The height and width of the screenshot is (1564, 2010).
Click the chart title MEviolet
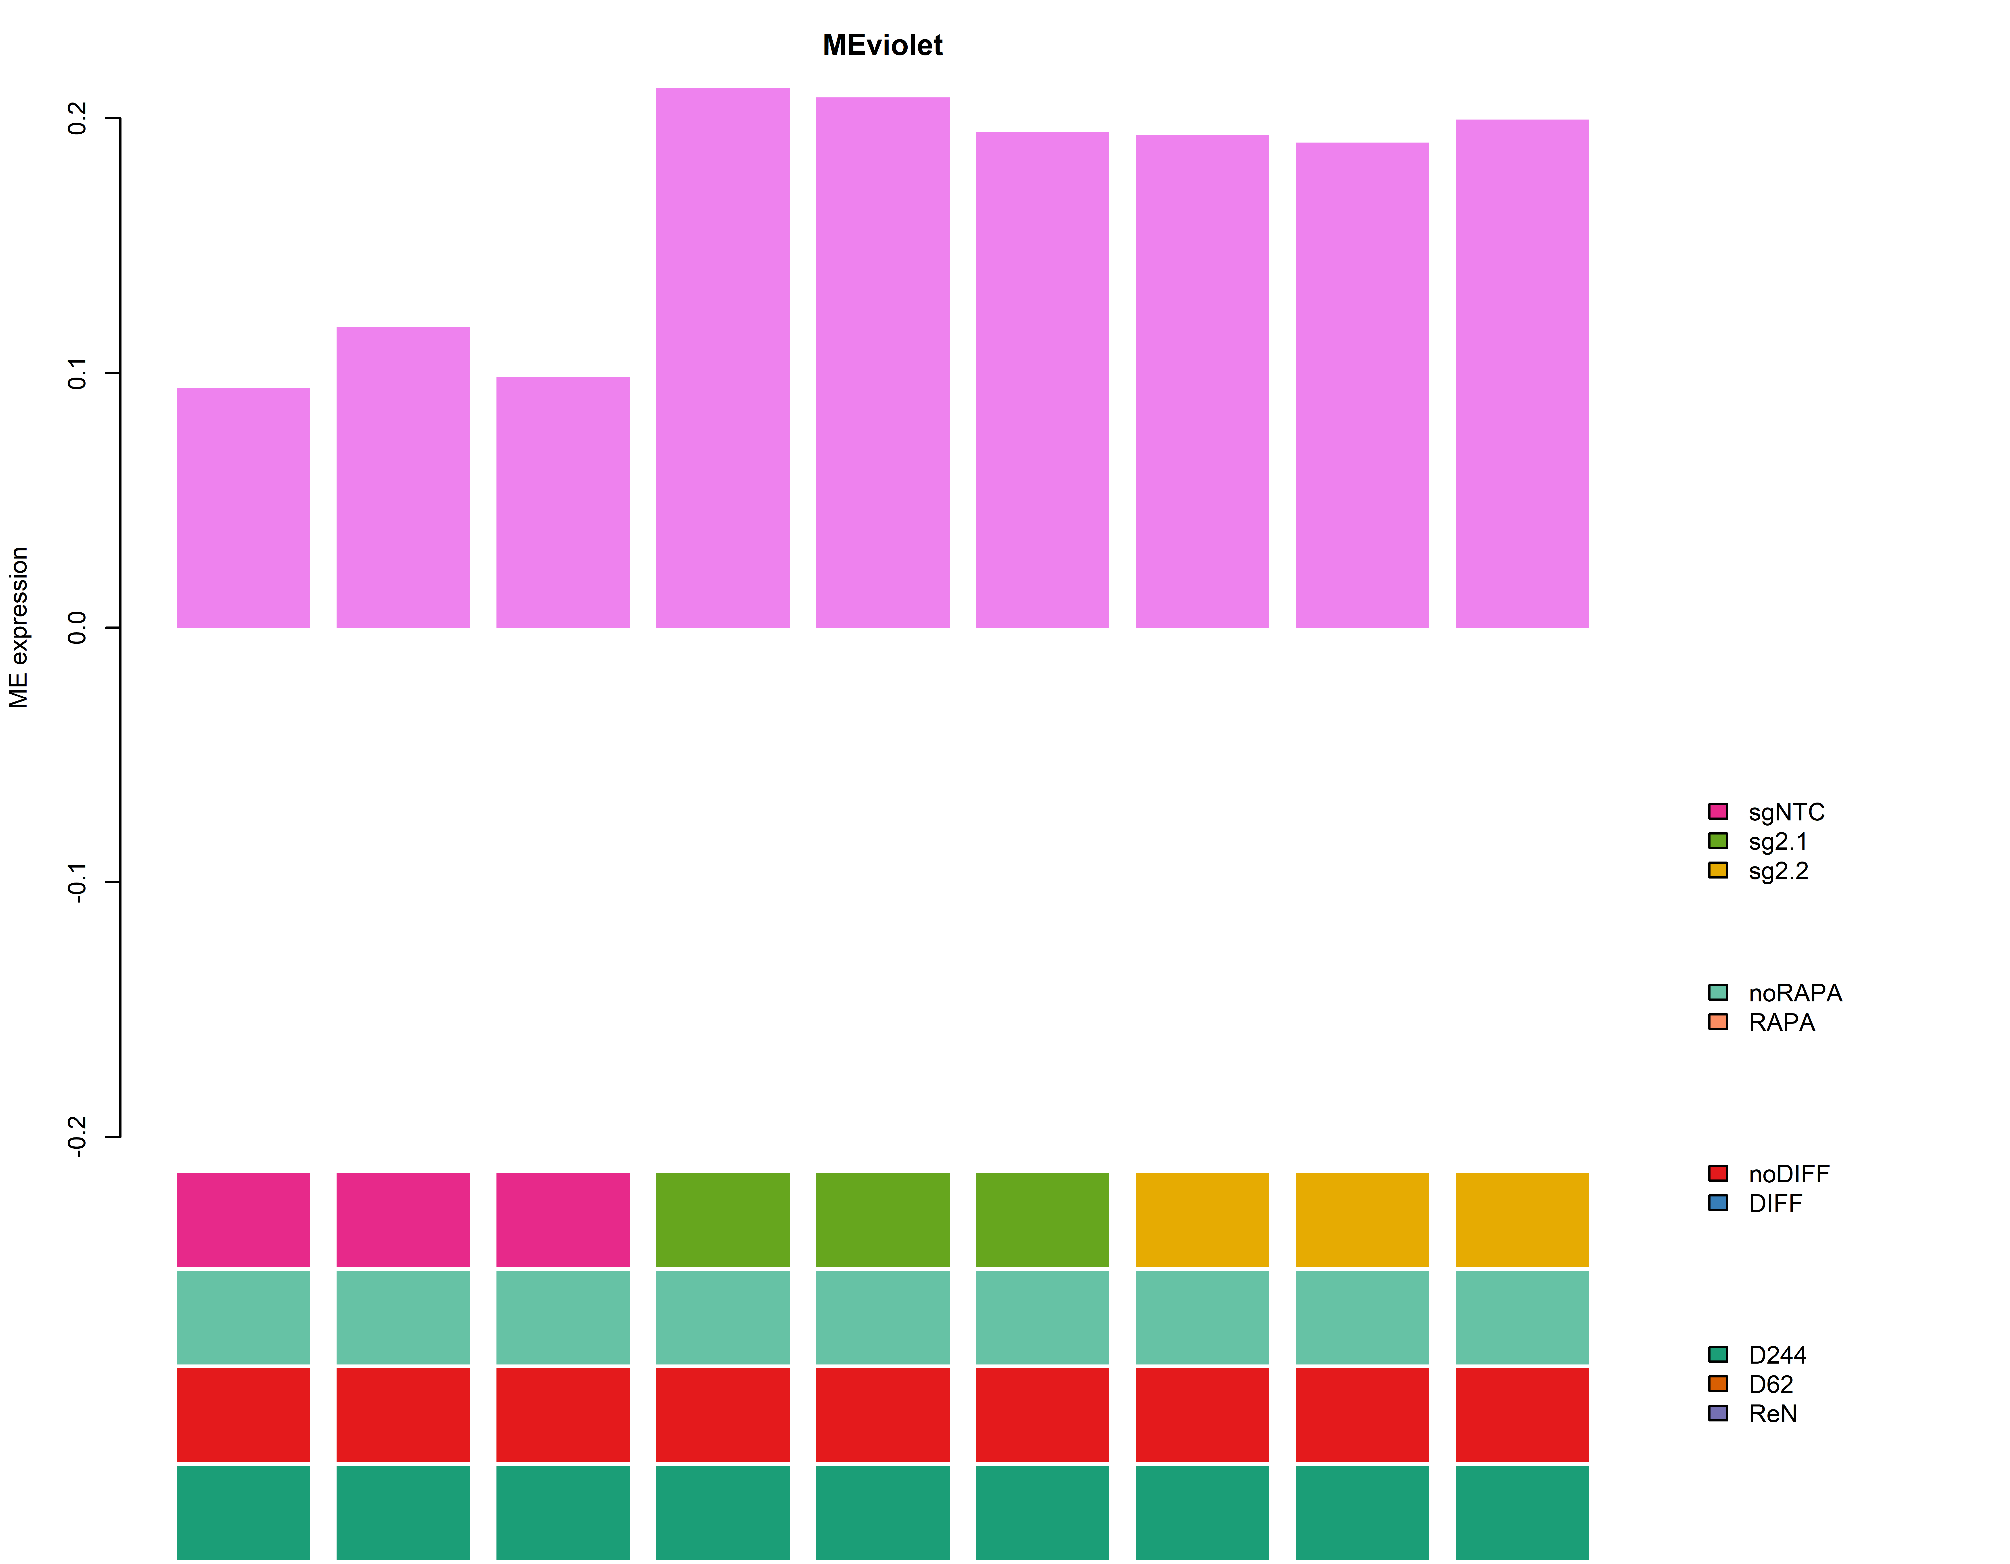tap(882, 45)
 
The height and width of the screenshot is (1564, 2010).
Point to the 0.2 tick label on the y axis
tap(77, 118)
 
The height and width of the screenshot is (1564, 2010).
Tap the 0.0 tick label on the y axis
tap(77, 628)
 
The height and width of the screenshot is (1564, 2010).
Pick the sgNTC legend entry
tap(1786, 812)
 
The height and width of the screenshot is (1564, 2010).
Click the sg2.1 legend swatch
tap(1717, 841)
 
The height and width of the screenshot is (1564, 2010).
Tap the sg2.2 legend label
tap(1778, 871)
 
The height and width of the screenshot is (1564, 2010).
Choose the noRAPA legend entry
tap(1795, 993)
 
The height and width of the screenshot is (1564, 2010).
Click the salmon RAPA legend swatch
tap(1717, 1022)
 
